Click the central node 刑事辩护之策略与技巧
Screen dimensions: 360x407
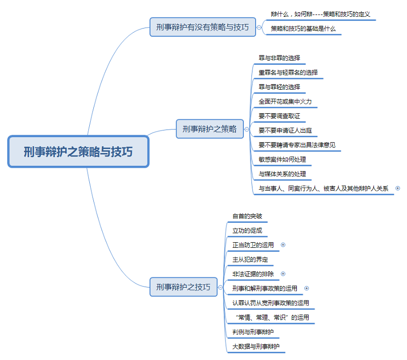(78, 151)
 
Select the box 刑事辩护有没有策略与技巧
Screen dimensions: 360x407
(202, 27)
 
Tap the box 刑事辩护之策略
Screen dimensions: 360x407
(210, 129)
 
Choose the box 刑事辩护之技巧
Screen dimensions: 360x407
(183, 287)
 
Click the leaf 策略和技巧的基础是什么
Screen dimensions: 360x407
(303, 29)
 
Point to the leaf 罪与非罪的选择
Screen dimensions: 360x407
(279, 58)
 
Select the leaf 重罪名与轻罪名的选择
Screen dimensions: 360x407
(288, 72)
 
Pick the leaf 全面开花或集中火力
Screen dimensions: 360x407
(285, 101)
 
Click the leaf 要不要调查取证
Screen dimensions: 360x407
(279, 116)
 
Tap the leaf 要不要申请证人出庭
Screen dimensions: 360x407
(288, 131)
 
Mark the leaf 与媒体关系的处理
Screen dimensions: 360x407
(283, 174)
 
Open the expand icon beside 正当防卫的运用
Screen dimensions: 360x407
(283, 245)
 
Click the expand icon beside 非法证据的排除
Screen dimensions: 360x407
(283, 274)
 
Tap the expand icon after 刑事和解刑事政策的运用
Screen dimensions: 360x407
(307, 288)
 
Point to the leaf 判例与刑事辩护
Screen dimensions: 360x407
(253, 332)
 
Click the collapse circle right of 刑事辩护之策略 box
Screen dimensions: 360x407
(247, 129)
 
